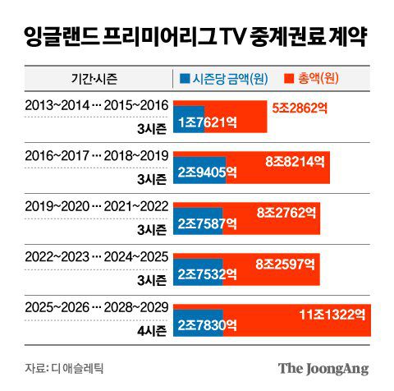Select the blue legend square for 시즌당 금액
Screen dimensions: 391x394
[185, 79]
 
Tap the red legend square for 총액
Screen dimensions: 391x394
[288, 79]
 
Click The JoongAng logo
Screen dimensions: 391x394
[323, 367]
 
